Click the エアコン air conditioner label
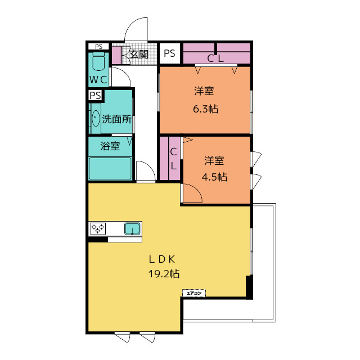[x=194, y=293]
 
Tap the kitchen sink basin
[x=133, y=229]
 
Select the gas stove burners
[x=97, y=228]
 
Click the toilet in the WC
[x=98, y=61]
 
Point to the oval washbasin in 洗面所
[x=96, y=119]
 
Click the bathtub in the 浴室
[x=110, y=169]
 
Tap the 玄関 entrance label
[x=139, y=55]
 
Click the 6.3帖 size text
[x=205, y=109]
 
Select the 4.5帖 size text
[x=214, y=177]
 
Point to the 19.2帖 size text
[x=164, y=274]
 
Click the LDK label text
[x=162, y=259]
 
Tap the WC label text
[x=98, y=80]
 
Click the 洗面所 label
[x=116, y=119]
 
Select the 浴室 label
[x=110, y=146]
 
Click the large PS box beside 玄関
[x=170, y=53]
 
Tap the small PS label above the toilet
[x=99, y=47]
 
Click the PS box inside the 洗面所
[x=96, y=95]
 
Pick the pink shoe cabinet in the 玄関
[x=117, y=55]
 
